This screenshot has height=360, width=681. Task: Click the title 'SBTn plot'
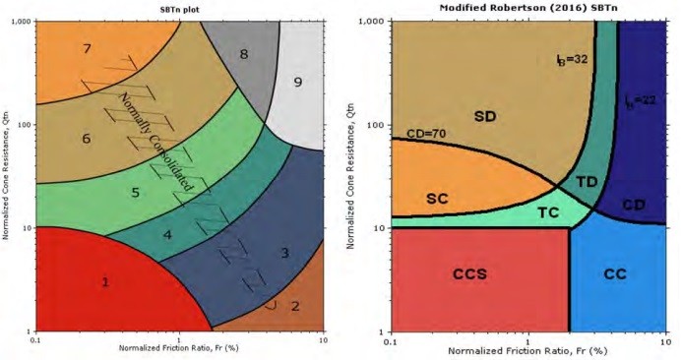(x=178, y=8)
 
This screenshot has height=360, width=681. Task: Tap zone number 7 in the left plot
(x=88, y=48)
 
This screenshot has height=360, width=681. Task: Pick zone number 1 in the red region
(x=105, y=281)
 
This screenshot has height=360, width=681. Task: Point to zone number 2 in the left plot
(x=293, y=305)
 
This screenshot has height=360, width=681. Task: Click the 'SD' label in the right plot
(x=485, y=117)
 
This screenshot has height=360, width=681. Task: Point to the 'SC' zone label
(x=438, y=197)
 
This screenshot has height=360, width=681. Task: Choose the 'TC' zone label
(x=548, y=212)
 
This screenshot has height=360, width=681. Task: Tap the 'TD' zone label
(x=587, y=182)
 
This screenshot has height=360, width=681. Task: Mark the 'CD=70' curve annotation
(x=427, y=133)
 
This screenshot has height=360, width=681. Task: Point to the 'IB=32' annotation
(x=572, y=58)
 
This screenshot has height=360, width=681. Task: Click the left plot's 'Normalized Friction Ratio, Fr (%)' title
(x=177, y=348)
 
